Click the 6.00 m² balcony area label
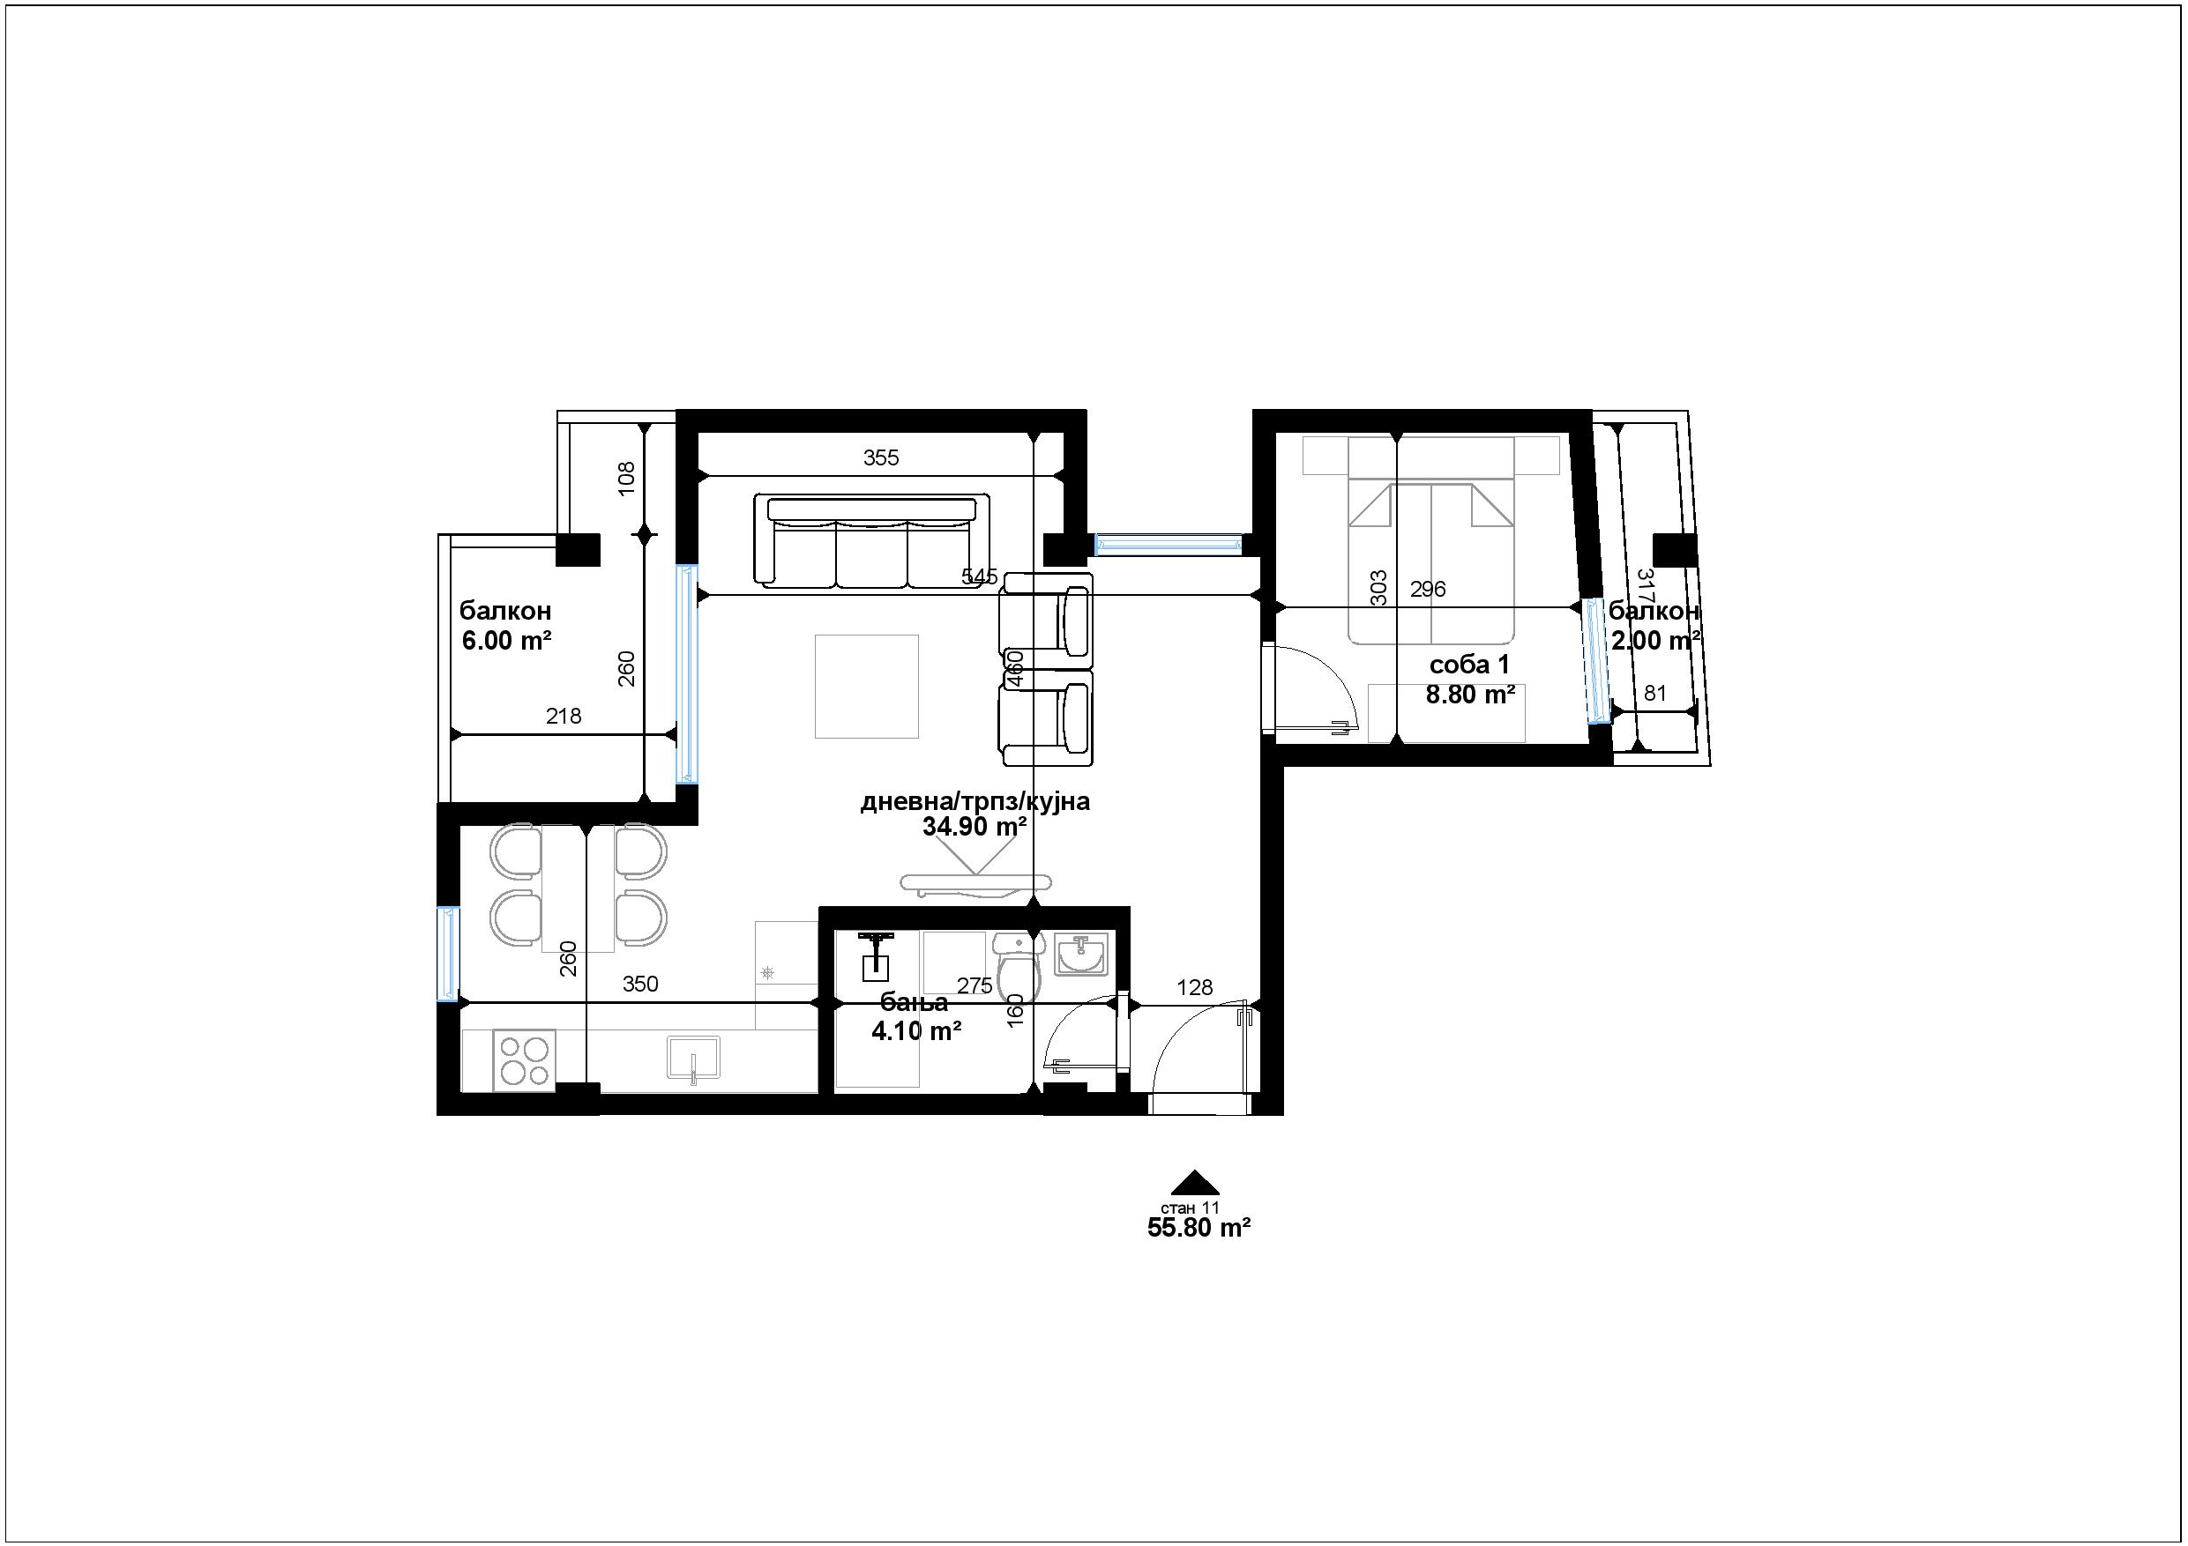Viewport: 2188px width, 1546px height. (x=507, y=640)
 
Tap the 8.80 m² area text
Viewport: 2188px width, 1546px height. (x=1470, y=695)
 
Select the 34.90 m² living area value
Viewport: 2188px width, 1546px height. (x=974, y=826)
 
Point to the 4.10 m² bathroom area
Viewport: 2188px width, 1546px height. (x=915, y=1029)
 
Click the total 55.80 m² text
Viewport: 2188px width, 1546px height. (x=1199, y=1228)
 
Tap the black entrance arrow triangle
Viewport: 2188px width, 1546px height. (x=1195, y=1182)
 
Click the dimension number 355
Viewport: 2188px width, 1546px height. (x=882, y=457)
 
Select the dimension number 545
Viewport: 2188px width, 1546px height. (x=980, y=576)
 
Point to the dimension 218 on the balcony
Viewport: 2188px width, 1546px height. (x=564, y=716)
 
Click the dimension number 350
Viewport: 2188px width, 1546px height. (x=640, y=984)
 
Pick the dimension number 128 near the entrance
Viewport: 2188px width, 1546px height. (x=1195, y=988)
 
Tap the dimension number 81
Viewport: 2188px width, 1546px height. (x=1655, y=694)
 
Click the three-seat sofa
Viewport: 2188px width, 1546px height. (x=872, y=539)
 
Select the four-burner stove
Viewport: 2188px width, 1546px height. (x=524, y=1060)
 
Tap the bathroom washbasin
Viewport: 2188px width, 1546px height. (x=1080, y=955)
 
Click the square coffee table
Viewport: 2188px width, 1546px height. (x=866, y=686)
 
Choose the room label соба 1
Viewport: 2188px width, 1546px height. (x=1469, y=664)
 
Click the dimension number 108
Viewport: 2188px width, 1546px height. (x=626, y=479)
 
